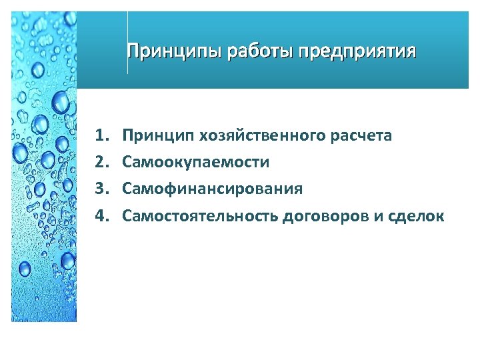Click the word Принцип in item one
(154, 136)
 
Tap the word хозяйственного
(260, 136)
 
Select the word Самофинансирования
(213, 189)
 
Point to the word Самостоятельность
(200, 216)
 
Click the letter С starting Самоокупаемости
(127, 162)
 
